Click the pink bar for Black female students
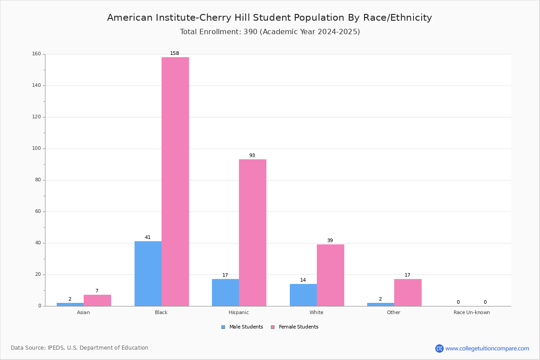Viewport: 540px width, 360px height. click(175, 181)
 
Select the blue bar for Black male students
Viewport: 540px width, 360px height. click(148, 274)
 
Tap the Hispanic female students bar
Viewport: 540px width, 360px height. click(252, 233)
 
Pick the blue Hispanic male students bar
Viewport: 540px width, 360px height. click(225, 292)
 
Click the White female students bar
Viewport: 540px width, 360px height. click(330, 275)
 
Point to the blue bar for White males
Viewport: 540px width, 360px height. click(303, 295)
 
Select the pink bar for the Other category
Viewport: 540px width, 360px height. click(408, 292)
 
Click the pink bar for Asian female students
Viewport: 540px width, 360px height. click(97, 301)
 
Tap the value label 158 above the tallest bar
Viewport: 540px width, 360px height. click(175, 53)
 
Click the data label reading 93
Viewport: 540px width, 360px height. click(252, 155)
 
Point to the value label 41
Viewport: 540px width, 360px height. click(148, 237)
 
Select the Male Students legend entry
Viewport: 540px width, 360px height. click(242, 327)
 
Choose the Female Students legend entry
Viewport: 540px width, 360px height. click(295, 327)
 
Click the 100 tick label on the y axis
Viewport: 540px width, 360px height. click(36, 148)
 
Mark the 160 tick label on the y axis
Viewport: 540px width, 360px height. click(36, 54)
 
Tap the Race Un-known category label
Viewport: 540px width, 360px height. click(472, 312)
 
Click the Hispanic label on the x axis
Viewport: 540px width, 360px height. click(238, 312)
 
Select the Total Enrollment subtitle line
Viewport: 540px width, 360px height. click(270, 32)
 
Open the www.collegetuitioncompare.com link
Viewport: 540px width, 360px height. click(487, 348)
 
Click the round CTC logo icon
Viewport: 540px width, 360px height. click(439, 348)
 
